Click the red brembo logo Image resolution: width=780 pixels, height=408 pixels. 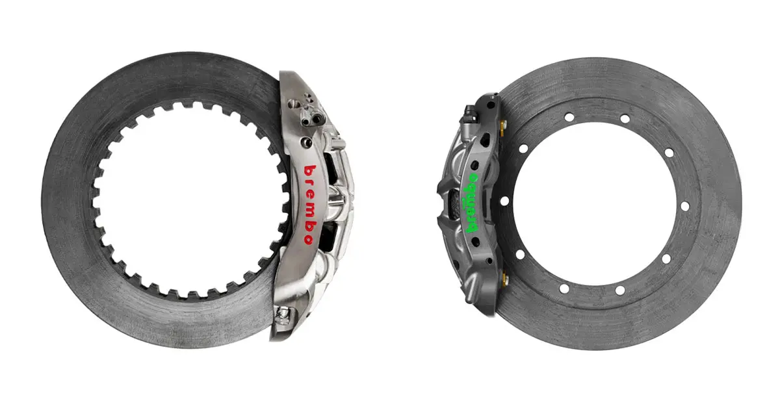pyautogui.click(x=310, y=205)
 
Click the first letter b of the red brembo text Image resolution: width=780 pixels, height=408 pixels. pyautogui.click(x=310, y=172)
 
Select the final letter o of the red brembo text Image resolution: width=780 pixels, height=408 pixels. pyautogui.click(x=308, y=239)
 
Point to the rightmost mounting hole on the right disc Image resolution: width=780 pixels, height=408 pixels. pyautogui.click(x=684, y=206)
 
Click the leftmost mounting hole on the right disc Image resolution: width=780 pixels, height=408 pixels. pyautogui.click(x=504, y=201)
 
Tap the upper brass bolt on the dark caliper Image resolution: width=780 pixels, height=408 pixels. pyautogui.click(x=502, y=127)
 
